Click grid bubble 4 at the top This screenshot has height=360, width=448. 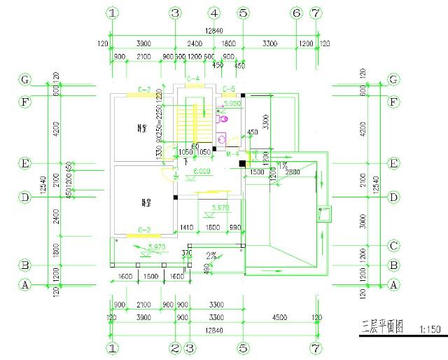[x=214, y=13]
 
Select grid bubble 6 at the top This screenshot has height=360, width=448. [x=296, y=13]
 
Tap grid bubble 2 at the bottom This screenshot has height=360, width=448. [x=176, y=347]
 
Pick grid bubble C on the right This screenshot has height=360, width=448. [x=393, y=246]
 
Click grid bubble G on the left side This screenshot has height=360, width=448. [x=25, y=80]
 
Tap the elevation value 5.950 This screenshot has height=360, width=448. [x=232, y=103]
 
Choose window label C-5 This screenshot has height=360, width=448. [x=229, y=89]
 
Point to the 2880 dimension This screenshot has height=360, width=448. [x=293, y=172]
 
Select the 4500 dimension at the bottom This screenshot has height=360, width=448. [x=279, y=317]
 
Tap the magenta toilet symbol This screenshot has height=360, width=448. [x=223, y=119]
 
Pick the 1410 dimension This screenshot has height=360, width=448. [x=187, y=228]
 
